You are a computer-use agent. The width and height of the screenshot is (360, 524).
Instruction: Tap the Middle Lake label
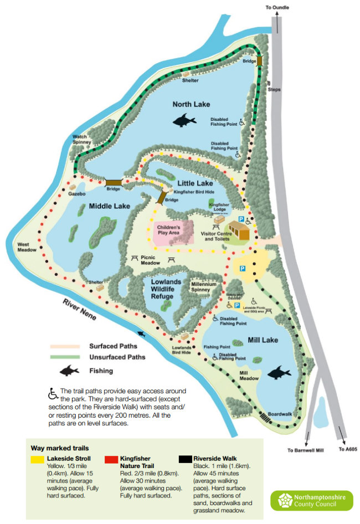click(x=110, y=206)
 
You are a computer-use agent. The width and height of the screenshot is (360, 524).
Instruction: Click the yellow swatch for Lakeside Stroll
click(x=38, y=459)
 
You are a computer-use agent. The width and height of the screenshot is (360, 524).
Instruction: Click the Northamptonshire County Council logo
click(x=311, y=501)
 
